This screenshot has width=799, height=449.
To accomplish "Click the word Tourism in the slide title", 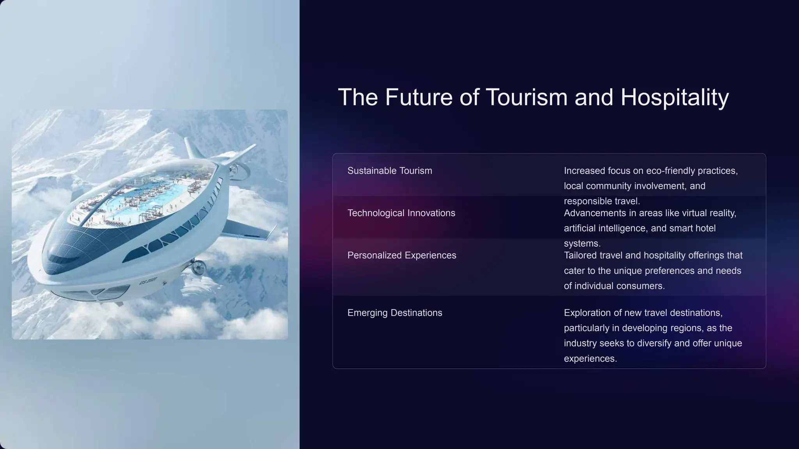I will coord(526,97).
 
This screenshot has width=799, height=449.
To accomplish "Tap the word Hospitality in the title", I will coord(674,97).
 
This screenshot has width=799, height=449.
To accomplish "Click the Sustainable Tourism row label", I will coord(389,171).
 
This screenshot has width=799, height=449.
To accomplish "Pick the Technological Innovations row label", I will coord(401,213).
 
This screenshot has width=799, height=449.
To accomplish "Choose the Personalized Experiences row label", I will coord(401,255).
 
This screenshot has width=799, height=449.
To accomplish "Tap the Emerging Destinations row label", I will coord(394,313).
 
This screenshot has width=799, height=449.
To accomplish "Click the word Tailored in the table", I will coord(580,255).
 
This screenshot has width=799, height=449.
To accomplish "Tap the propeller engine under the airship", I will coord(198,267).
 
